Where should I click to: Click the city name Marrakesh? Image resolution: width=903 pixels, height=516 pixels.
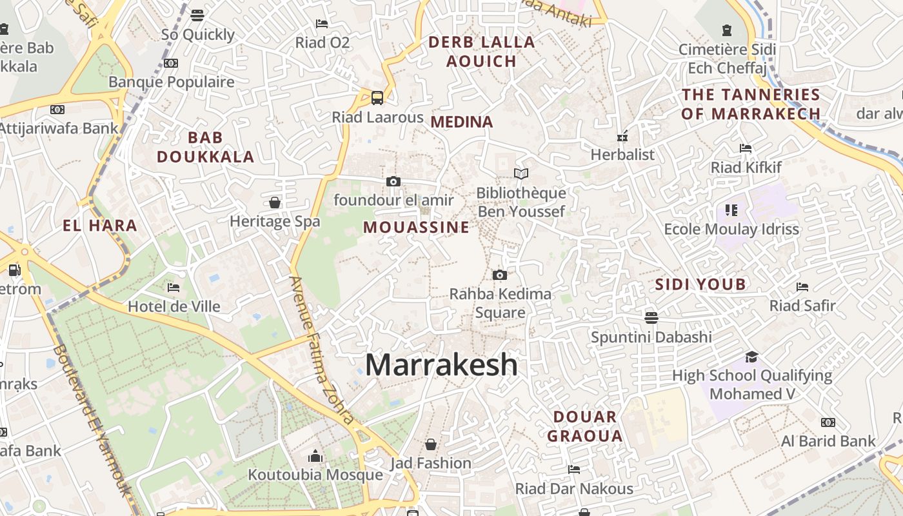click(441, 365)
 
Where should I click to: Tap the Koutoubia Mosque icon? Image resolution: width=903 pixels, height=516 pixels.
click(315, 457)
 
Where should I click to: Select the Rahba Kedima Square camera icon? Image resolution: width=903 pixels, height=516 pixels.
click(499, 275)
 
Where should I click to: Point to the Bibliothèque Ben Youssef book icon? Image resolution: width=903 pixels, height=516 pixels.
click(521, 174)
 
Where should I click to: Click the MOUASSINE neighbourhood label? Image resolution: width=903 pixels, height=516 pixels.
click(416, 227)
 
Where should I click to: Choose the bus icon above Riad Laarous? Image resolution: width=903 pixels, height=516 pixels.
click(377, 98)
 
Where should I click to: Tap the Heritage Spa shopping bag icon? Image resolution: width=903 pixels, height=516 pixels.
click(275, 203)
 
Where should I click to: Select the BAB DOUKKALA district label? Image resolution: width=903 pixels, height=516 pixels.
click(205, 147)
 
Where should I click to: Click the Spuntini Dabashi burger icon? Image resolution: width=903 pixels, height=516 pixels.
click(651, 317)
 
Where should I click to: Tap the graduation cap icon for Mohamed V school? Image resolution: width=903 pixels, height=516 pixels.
click(751, 357)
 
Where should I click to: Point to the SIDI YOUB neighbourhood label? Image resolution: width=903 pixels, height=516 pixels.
click(700, 284)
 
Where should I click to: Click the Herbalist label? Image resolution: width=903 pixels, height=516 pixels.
click(622, 155)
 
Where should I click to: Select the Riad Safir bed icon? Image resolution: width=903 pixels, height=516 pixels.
click(802, 286)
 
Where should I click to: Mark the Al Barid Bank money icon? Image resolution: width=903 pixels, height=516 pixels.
click(828, 422)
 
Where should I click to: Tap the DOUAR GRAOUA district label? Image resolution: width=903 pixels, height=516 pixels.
click(585, 426)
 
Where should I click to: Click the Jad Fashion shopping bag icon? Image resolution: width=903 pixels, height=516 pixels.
click(431, 444)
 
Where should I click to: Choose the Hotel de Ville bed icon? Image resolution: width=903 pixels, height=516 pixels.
click(174, 287)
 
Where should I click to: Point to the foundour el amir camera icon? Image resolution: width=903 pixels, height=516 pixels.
click(393, 182)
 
